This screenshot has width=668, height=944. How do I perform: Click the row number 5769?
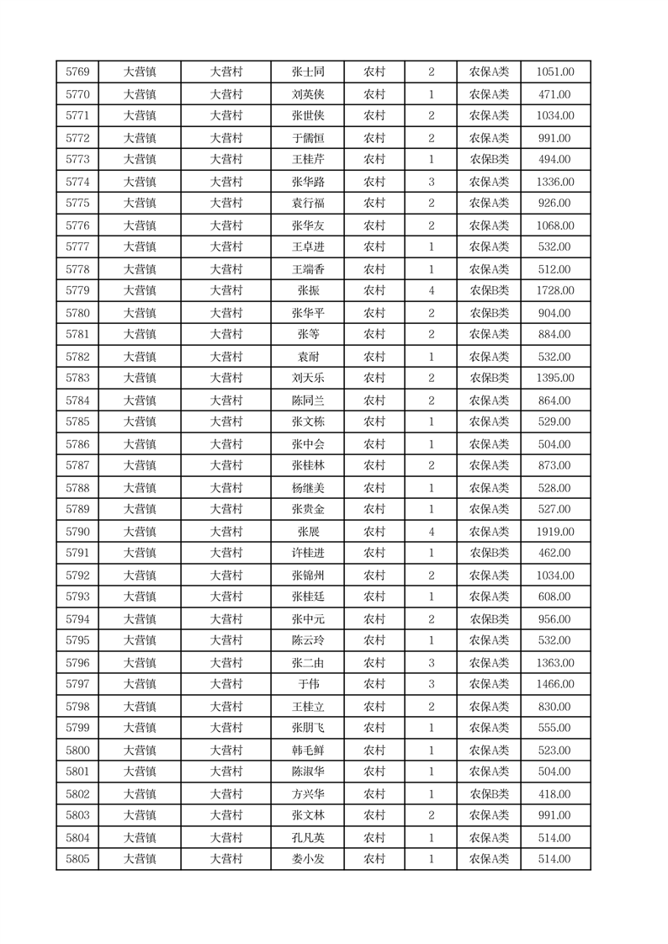tap(77, 72)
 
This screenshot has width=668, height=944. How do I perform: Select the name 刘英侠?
tap(307, 94)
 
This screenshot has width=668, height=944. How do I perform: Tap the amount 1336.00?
tap(554, 182)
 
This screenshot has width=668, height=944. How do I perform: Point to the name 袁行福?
tap(307, 204)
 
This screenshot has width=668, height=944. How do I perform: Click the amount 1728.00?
tap(554, 291)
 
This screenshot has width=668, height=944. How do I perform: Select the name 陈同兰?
tap(307, 400)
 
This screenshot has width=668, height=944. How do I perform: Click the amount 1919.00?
tap(554, 532)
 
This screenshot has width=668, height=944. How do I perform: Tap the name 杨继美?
tap(307, 488)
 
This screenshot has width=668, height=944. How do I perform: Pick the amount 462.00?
tap(554, 554)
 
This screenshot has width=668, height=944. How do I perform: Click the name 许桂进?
tap(307, 554)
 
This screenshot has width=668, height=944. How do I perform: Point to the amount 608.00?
tap(554, 597)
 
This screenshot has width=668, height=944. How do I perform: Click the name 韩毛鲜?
tap(307, 750)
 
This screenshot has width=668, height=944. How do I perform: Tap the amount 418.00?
tap(554, 794)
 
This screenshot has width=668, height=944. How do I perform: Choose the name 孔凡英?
tap(307, 838)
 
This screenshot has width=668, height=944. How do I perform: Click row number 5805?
tap(77, 859)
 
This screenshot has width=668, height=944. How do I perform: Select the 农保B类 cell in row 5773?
tap(489, 160)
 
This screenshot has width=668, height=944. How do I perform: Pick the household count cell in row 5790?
tap(431, 532)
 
